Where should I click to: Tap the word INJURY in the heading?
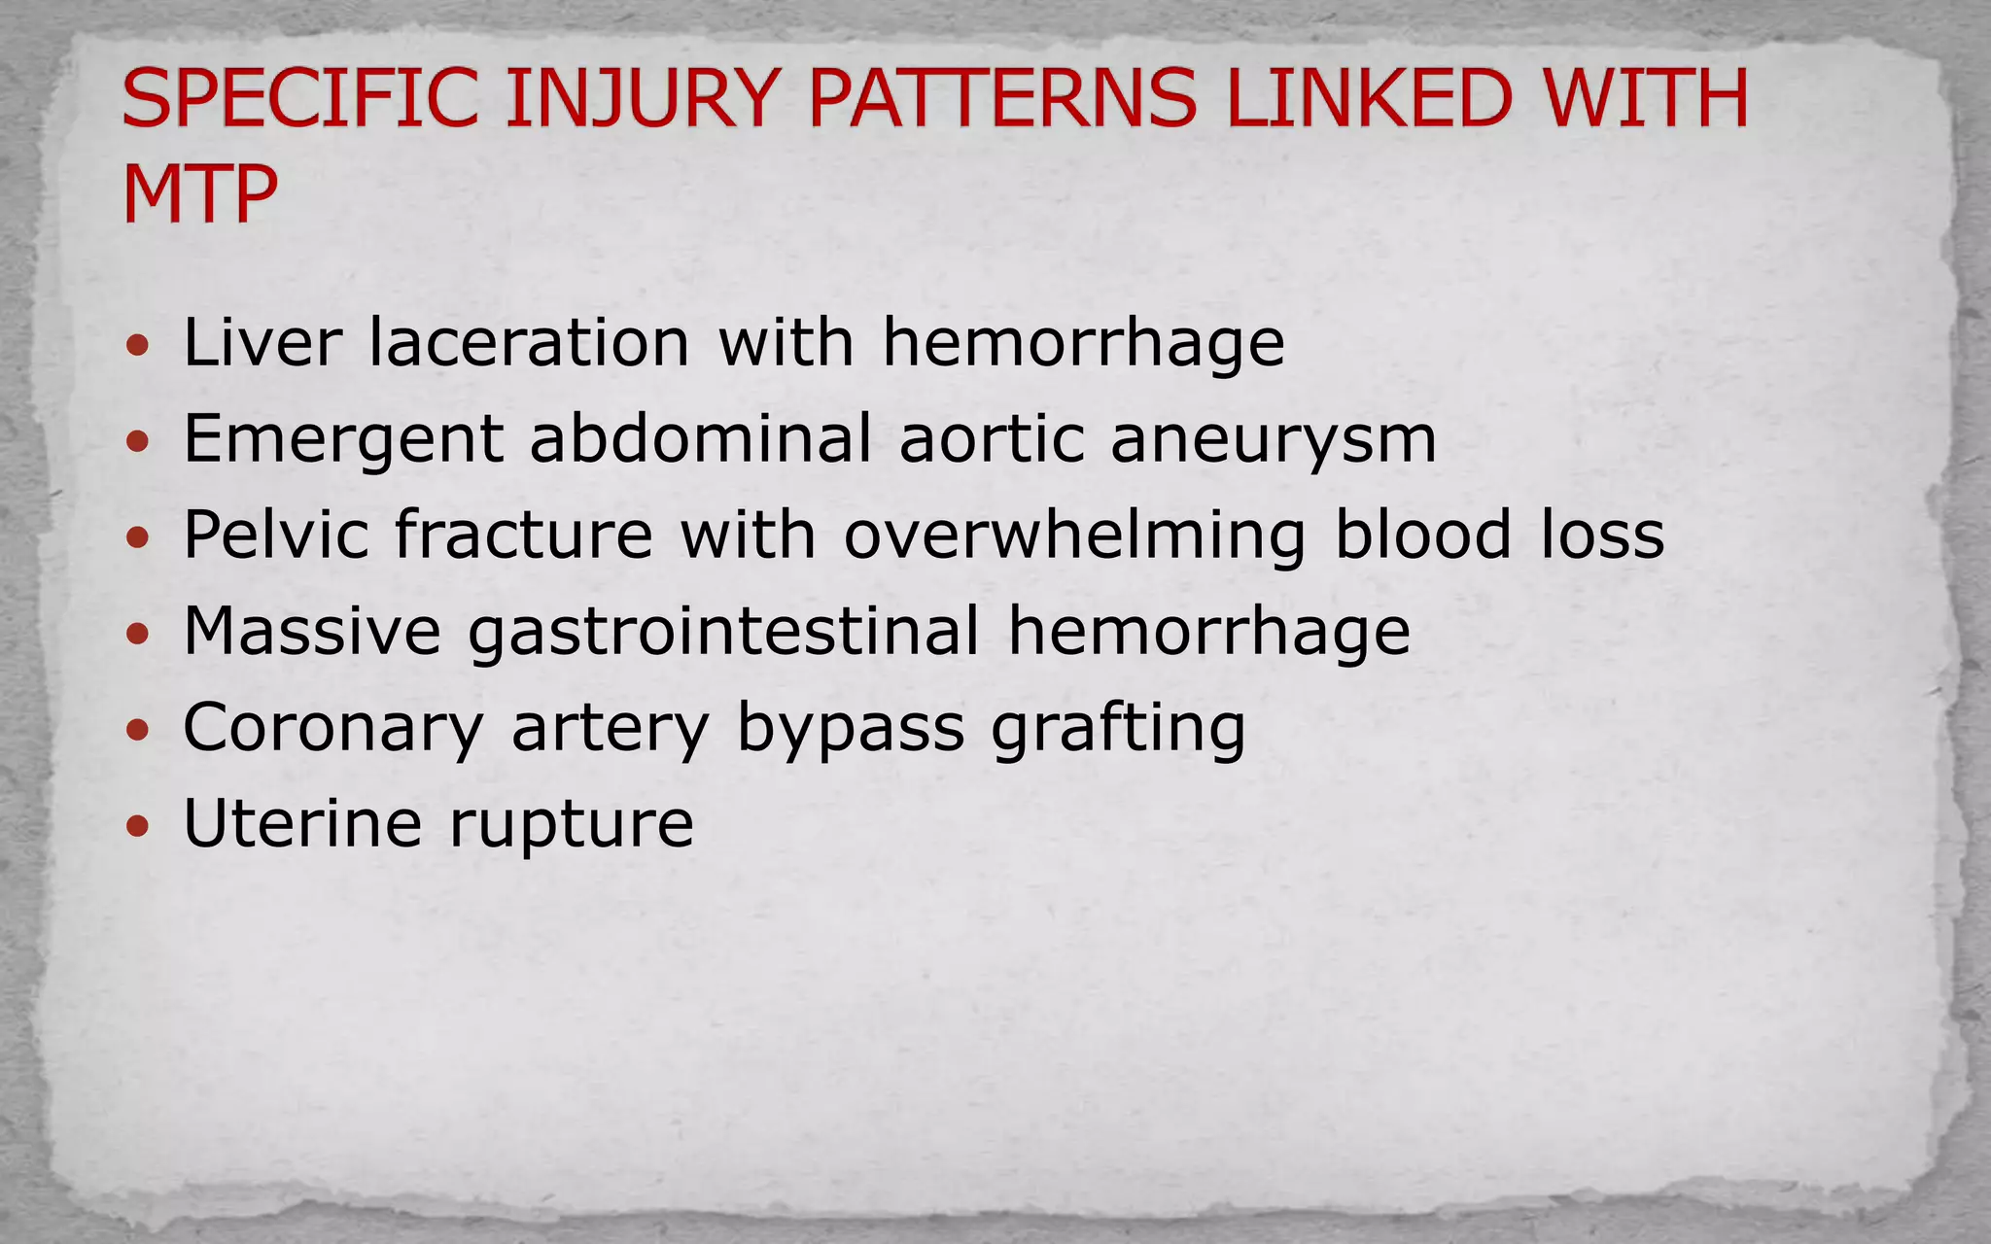click(643, 98)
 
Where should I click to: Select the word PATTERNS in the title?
click(1002, 98)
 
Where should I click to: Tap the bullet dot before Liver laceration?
click(139, 344)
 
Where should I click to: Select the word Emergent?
click(343, 438)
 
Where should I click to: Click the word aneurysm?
click(1273, 440)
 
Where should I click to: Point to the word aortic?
click(992, 438)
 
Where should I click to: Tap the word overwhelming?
click(1074, 536)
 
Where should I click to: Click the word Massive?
click(312, 631)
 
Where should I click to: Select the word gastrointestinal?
click(724, 633)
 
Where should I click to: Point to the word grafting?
click(1118, 728)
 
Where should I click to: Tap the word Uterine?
click(302, 823)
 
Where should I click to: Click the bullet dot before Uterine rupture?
click(139, 826)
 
